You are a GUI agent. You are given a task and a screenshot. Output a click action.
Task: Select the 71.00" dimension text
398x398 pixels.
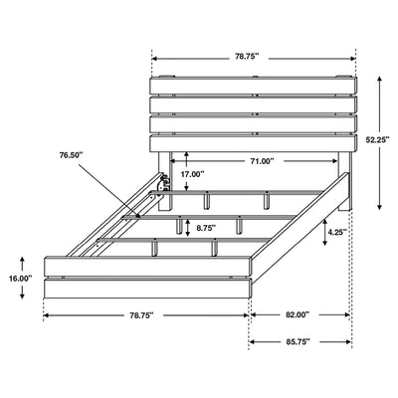point(263,159)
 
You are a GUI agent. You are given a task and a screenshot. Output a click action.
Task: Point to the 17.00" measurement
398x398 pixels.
point(192,175)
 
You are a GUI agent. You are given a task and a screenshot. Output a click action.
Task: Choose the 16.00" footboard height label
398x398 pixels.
point(18,280)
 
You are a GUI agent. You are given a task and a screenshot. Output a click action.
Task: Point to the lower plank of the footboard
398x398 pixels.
point(144,288)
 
